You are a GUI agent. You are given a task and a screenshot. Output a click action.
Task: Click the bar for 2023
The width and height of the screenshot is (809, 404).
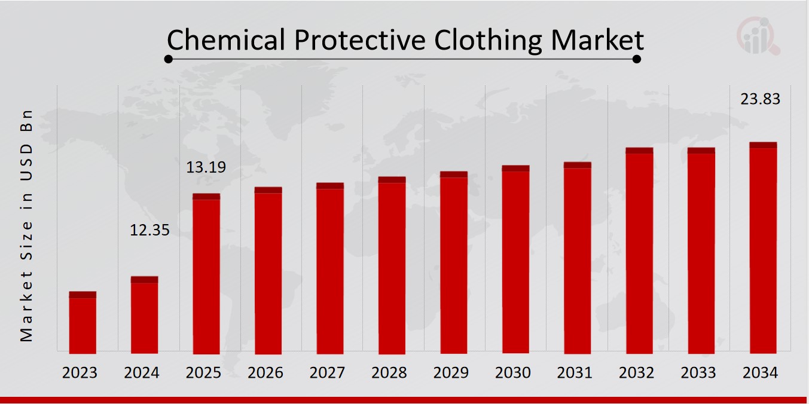click(83, 323)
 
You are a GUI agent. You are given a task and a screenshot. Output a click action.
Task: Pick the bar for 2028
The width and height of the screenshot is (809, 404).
click(392, 265)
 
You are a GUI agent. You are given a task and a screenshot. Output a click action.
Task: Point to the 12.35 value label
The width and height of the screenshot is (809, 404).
click(149, 230)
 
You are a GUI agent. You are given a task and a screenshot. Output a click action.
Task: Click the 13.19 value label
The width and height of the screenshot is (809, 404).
click(206, 167)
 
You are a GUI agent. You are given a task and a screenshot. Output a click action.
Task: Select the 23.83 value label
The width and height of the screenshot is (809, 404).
click(760, 99)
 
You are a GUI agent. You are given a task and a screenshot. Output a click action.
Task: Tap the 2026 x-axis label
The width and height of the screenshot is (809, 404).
click(265, 373)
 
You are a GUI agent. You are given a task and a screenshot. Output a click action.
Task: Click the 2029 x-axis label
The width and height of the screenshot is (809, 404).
click(451, 373)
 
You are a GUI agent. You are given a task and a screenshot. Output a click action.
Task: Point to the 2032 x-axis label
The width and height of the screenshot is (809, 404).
click(637, 373)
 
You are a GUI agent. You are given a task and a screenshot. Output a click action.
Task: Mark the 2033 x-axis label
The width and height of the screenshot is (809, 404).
click(698, 373)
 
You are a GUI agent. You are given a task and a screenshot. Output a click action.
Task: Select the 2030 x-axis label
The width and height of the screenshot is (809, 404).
click(513, 373)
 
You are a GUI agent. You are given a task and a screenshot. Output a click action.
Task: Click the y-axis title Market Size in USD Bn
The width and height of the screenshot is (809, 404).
click(26, 226)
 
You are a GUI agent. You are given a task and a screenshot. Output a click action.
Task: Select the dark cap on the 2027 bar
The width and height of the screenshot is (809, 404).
click(330, 186)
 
